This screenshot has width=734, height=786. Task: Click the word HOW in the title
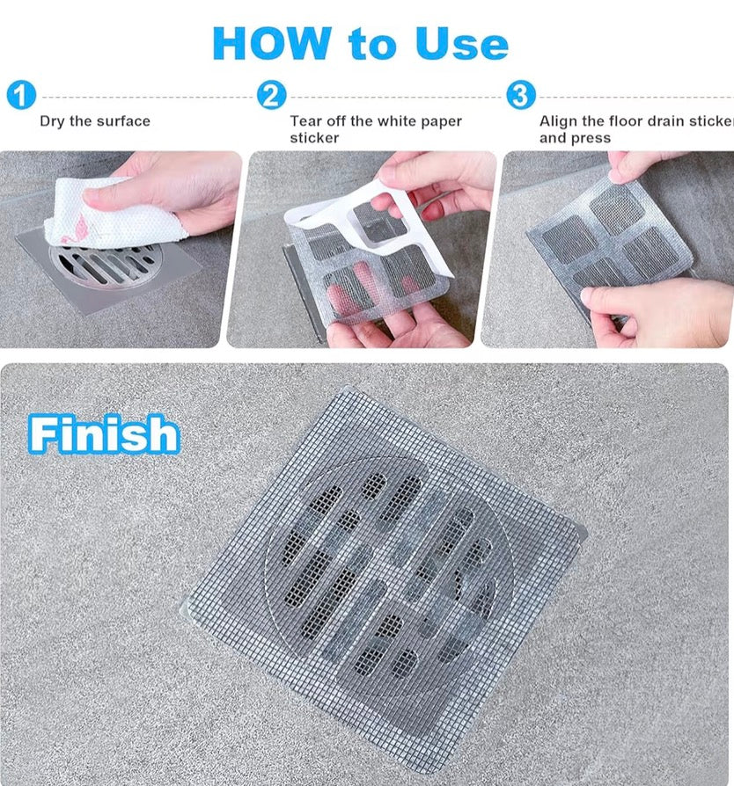(x=273, y=43)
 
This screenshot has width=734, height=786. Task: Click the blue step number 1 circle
(x=21, y=95)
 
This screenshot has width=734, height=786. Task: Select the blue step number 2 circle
(x=271, y=95)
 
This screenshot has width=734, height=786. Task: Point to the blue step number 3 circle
(x=521, y=95)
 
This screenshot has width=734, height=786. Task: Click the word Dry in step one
(x=52, y=122)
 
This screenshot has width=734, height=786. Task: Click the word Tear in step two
(x=306, y=121)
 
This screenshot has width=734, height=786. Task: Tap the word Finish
(x=104, y=434)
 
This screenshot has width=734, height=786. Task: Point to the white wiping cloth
(x=112, y=213)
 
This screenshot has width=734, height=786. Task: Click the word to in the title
(x=373, y=45)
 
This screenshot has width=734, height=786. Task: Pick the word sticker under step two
(x=314, y=138)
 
